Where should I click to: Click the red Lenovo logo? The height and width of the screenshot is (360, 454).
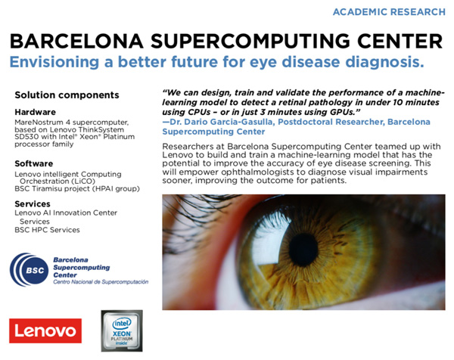pos(45,331)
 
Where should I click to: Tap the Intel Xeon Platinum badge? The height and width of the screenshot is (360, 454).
pos(122,331)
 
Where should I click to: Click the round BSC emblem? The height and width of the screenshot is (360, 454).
pos(30,270)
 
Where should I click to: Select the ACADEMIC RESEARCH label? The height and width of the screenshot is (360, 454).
pos(389,12)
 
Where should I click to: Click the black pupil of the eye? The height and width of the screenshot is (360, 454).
pos(303,250)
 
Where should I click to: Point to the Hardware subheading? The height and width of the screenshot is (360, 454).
pos(36,112)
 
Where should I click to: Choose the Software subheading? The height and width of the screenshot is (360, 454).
pos(34,163)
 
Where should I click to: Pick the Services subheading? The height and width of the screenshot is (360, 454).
pos(33,203)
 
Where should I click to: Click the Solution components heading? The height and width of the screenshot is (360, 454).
pos(67,95)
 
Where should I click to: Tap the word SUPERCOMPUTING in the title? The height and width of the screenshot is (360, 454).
pos(250,41)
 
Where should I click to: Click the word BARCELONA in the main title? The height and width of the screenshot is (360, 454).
pos(76,41)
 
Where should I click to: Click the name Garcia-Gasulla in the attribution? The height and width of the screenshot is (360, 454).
pos(241,122)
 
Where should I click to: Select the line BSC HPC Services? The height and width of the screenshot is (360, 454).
pos(47,230)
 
